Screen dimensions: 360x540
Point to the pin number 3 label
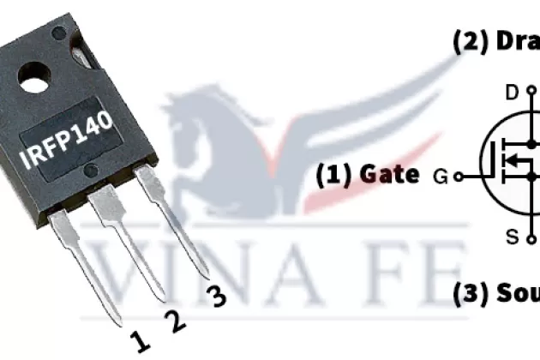(x=217, y=297)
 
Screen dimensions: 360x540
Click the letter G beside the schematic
(x=441, y=177)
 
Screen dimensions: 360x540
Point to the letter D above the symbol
(x=512, y=93)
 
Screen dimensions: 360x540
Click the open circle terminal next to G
(x=459, y=177)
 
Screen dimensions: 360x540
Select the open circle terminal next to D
(x=531, y=93)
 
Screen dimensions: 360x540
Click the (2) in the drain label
(x=470, y=42)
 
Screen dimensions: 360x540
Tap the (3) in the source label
(x=471, y=294)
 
